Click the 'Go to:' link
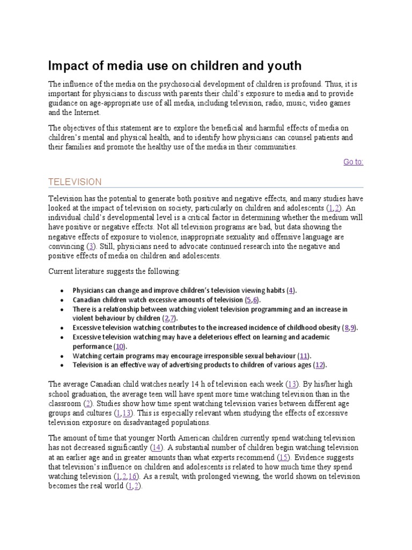click(353, 162)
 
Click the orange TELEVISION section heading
click(75, 182)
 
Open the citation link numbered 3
click(91, 246)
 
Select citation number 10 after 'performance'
click(120, 346)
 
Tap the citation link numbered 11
click(304, 356)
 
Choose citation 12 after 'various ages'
click(320, 365)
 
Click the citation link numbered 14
click(157, 447)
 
